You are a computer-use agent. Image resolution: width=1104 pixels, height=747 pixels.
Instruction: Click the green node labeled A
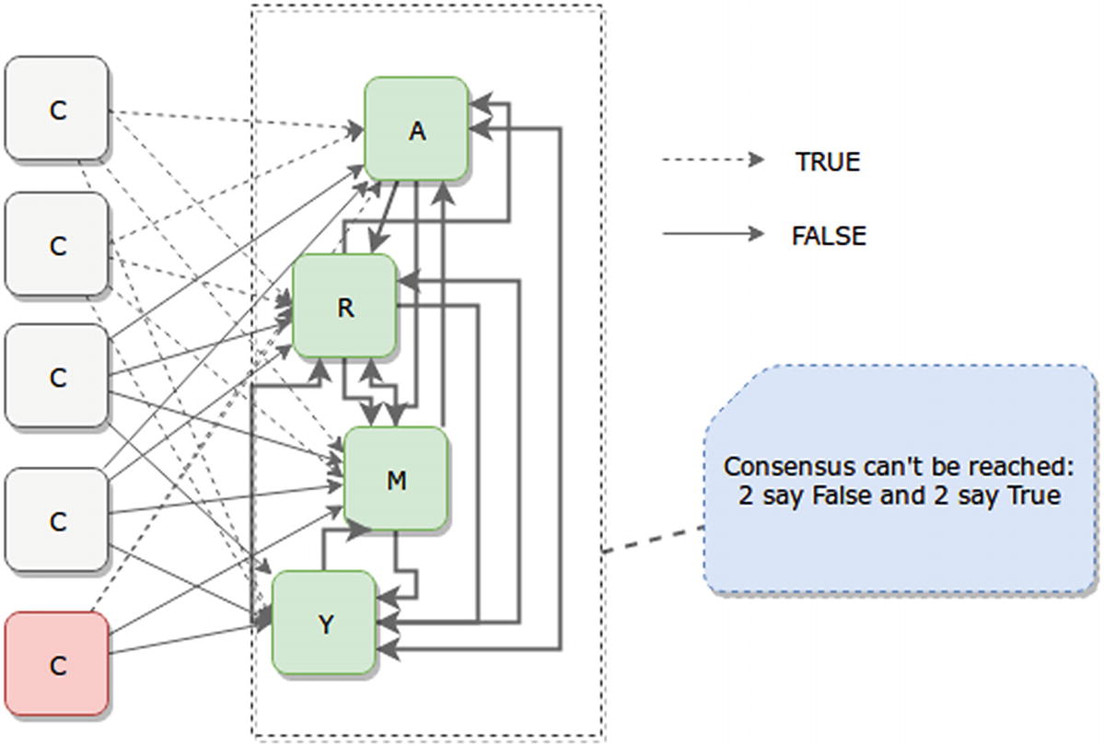[417, 128]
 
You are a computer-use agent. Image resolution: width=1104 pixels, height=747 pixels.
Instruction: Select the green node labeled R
[344, 306]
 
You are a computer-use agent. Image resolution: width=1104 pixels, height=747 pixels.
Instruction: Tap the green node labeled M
[396, 478]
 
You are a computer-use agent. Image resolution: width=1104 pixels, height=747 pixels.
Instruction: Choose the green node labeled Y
[324, 623]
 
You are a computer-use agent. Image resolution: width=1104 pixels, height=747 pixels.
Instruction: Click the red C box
[57, 664]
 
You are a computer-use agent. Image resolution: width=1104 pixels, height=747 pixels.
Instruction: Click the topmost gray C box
[57, 109]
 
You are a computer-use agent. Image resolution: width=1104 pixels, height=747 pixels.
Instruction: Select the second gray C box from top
[57, 245]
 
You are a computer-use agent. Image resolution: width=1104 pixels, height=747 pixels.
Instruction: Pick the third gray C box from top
[57, 376]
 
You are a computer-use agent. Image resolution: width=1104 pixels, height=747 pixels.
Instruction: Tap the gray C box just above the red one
[57, 520]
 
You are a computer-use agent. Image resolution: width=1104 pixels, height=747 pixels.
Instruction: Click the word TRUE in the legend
[827, 162]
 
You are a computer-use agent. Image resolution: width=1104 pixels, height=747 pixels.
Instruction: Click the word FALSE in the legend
[829, 236]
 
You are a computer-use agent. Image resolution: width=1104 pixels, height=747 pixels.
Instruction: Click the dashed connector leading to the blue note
[654, 540]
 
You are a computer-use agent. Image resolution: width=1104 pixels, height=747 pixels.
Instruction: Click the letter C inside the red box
[57, 664]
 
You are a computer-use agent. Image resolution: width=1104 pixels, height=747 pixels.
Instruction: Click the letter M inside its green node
[396, 480]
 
